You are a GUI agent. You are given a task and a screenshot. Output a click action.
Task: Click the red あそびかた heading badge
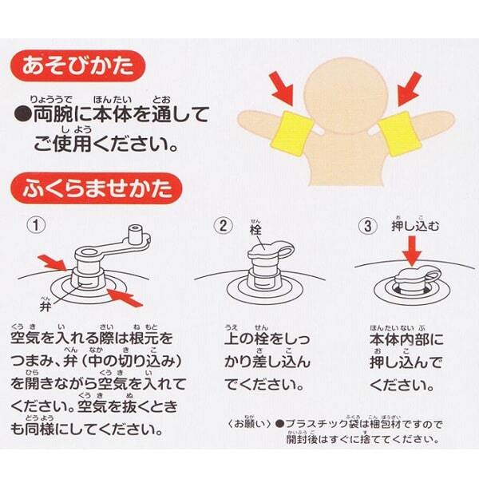coord(77,66)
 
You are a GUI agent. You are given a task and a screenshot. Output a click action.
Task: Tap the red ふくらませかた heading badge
coord(97,188)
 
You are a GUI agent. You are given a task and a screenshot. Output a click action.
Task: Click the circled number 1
coord(37,225)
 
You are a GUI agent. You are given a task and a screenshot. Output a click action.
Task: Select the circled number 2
coord(224,226)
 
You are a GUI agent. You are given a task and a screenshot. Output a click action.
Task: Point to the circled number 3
coord(368,227)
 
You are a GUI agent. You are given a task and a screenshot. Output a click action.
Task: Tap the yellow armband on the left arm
coord(292,133)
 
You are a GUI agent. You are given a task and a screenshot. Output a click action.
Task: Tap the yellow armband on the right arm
coord(398,133)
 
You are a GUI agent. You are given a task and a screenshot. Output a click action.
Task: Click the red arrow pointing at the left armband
coord(283,87)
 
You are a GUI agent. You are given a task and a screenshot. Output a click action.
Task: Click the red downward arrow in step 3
coord(412,251)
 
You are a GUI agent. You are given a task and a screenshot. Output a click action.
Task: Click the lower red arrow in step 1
coord(125,297)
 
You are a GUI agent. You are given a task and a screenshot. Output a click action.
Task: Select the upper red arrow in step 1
coord(52,263)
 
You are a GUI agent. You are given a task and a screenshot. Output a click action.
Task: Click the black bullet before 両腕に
coord(22,114)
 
